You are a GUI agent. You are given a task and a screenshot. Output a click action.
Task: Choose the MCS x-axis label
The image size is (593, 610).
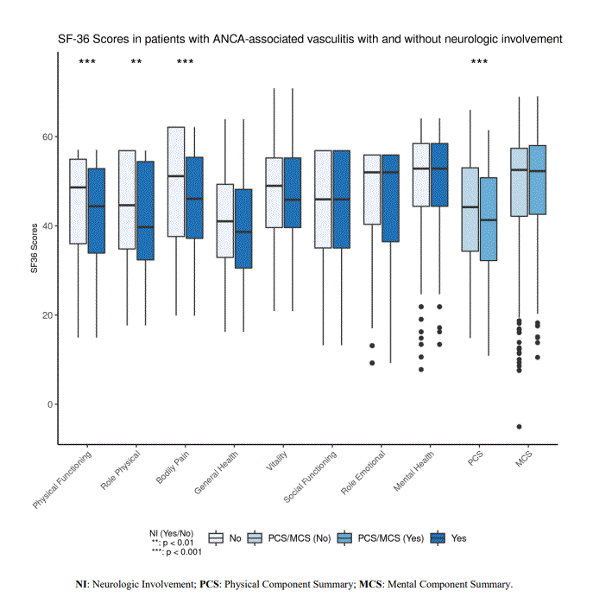pos(524,458)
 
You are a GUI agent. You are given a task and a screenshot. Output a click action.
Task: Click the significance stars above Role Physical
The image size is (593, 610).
pos(136,62)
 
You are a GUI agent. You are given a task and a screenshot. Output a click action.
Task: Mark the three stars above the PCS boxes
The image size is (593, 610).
pos(479,62)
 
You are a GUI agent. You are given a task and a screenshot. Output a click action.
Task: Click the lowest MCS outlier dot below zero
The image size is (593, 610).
pos(519,427)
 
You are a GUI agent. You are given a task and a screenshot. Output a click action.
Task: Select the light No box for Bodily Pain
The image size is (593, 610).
pos(176,181)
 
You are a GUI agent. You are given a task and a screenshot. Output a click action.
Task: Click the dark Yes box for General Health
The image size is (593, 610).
pos(243,228)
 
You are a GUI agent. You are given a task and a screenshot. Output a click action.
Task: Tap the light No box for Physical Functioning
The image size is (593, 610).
pos(78,201)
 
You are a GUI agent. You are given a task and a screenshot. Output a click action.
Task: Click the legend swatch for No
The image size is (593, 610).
pos(216,538)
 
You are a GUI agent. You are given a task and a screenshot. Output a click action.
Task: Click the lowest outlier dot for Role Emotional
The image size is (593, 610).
pos(373,363)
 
